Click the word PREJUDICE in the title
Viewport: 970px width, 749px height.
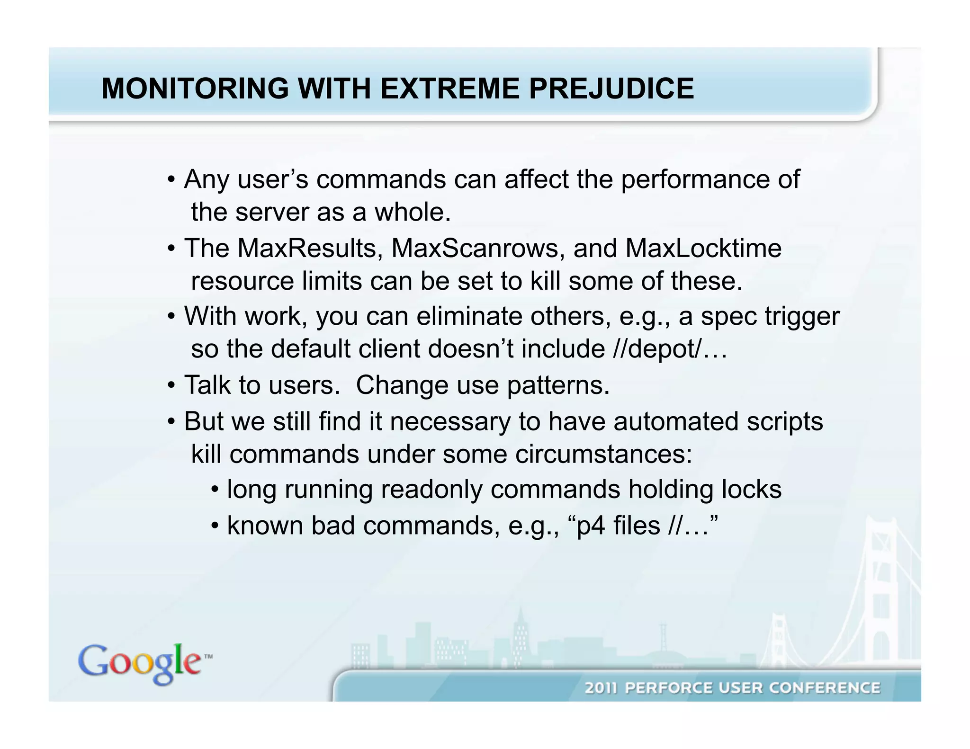tap(611, 89)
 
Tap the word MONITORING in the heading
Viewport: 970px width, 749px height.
tap(195, 89)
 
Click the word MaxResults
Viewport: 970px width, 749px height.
tap(310, 248)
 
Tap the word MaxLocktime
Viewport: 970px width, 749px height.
tap(703, 248)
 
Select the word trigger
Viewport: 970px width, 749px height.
tap(802, 316)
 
